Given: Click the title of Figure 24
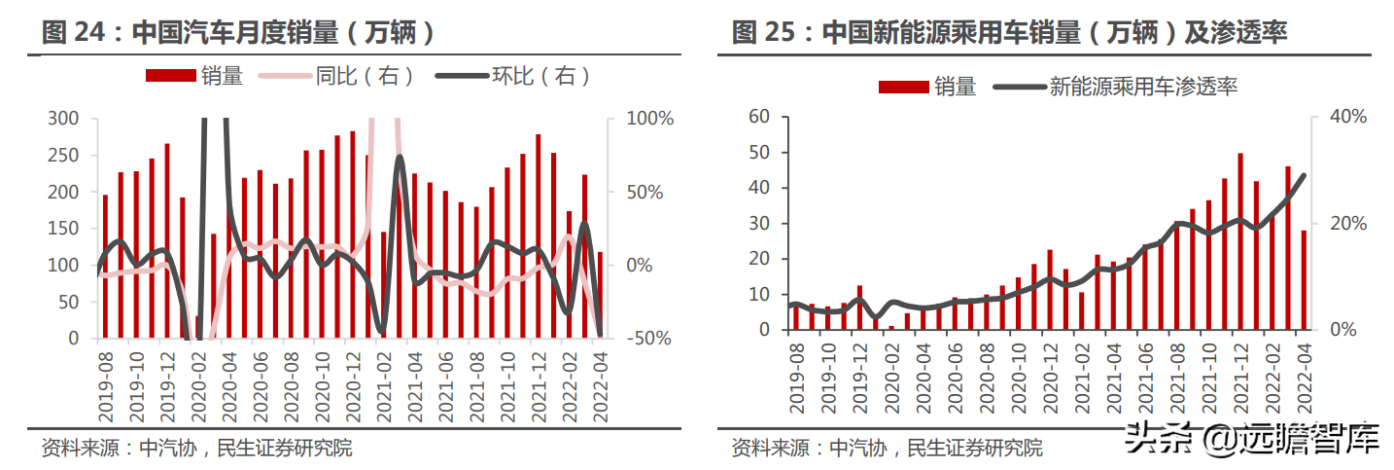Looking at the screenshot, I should point(238,33).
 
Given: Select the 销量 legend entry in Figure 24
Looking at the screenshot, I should point(194,76).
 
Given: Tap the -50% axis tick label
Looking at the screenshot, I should point(646,339).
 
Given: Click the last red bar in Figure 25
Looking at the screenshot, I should point(1303,280).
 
